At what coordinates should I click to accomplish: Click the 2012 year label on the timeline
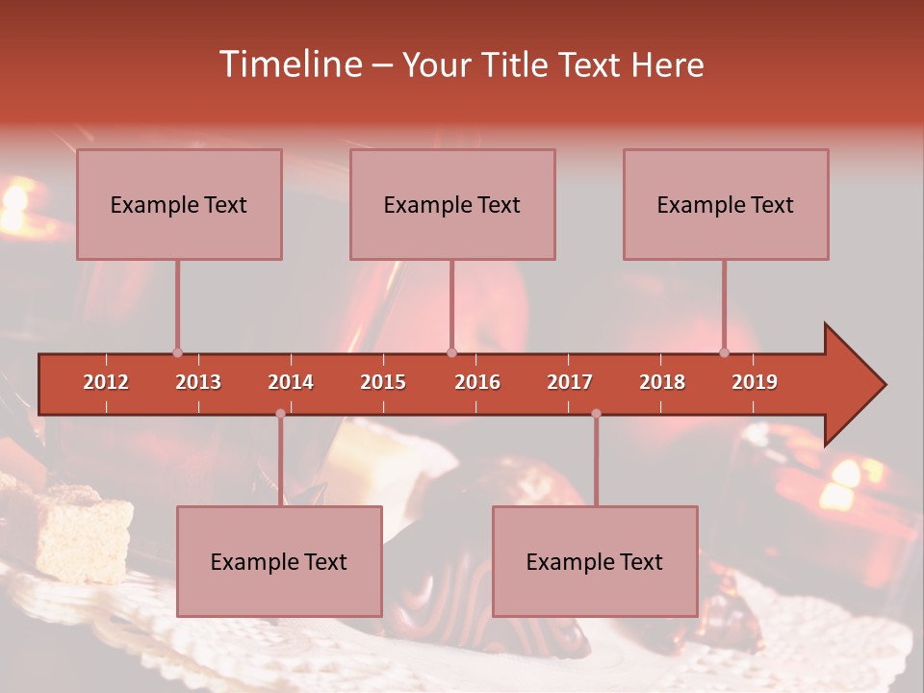(106, 382)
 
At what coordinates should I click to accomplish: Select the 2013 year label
(198, 382)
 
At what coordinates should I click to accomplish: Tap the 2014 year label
(291, 382)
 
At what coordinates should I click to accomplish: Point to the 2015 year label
(383, 382)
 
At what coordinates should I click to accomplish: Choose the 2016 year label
(477, 382)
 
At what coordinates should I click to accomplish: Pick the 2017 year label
(570, 382)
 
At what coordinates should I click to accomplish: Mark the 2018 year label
(662, 382)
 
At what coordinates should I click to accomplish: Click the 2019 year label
(755, 382)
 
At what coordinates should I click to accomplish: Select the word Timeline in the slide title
(289, 64)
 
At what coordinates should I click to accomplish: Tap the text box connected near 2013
(179, 204)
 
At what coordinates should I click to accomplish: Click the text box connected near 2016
(452, 204)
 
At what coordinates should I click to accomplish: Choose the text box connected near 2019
(726, 204)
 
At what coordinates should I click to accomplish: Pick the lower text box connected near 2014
(279, 561)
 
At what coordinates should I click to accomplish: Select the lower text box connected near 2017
(595, 561)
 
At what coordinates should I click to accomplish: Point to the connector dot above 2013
(177, 352)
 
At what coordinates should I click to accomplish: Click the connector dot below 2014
(280, 414)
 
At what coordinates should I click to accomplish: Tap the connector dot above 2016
(451, 352)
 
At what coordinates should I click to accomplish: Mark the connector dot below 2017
(596, 414)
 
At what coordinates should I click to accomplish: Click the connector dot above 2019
(724, 352)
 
